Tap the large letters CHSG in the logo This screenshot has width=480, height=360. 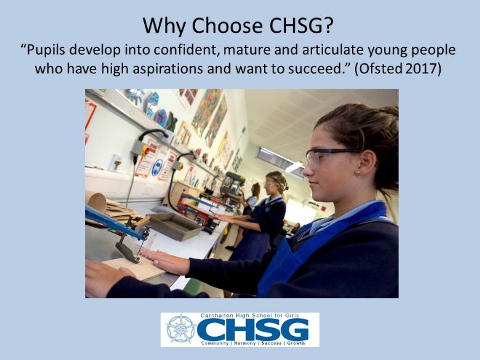(x=252, y=329)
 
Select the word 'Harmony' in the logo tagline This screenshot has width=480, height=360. (x=245, y=343)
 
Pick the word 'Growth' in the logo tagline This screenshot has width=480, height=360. (x=296, y=343)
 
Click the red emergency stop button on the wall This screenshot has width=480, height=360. (x=146, y=150)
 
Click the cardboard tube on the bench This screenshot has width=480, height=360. (x=96, y=201)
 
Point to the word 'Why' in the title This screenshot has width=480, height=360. (x=165, y=26)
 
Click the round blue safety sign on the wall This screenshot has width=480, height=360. (x=157, y=167)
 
